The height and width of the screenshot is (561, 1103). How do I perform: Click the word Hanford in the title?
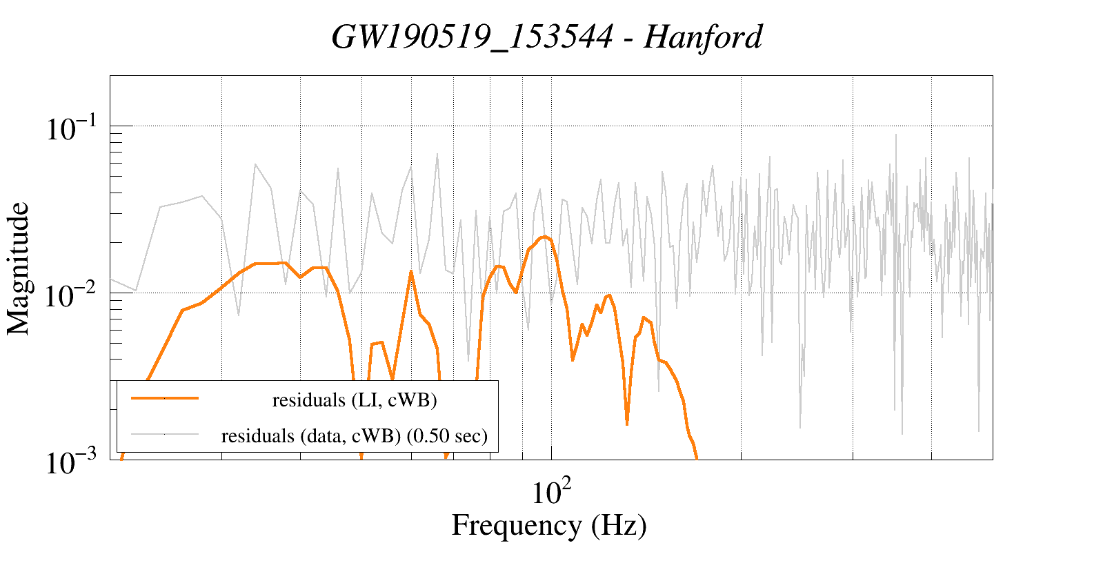[703, 37]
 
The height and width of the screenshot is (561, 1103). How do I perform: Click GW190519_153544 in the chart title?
[472, 37]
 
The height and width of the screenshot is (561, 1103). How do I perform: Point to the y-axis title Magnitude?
[19, 269]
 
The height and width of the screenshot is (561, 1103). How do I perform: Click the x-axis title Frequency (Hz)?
[549, 525]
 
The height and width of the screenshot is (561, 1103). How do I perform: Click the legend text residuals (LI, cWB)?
[355, 400]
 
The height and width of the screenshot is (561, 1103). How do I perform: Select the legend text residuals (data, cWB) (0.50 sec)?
[355, 436]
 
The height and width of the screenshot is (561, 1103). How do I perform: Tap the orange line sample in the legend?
[164, 398]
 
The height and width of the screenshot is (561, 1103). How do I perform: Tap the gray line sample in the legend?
[164, 434]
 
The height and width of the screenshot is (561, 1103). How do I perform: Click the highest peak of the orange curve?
[545, 237]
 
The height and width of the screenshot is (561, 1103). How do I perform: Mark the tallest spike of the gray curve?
[896, 135]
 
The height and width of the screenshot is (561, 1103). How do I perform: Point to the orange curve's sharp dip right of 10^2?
[626, 424]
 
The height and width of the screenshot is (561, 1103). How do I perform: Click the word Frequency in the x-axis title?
[516, 525]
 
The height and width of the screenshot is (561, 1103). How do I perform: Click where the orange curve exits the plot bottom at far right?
[697, 457]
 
